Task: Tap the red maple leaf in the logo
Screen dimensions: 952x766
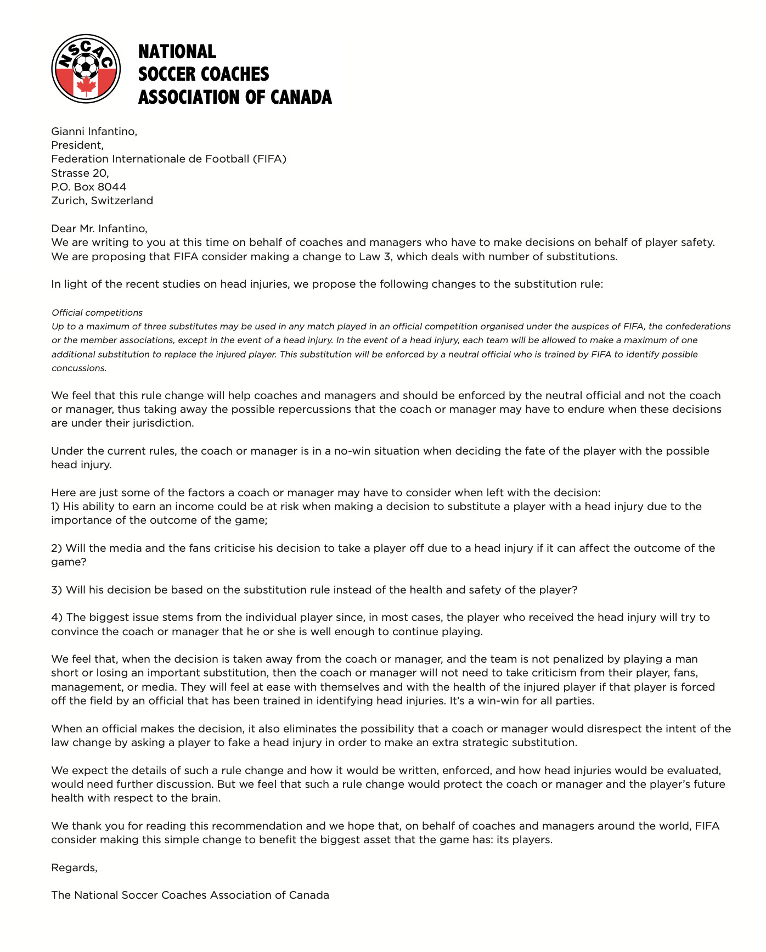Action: click(86, 86)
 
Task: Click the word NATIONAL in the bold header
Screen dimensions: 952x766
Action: click(177, 52)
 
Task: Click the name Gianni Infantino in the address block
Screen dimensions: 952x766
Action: click(94, 131)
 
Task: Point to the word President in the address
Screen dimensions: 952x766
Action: click(76, 145)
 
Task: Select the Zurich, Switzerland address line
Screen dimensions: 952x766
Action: click(102, 200)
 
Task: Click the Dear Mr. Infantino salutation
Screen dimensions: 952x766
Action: click(99, 228)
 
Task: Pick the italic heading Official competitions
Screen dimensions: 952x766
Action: click(97, 312)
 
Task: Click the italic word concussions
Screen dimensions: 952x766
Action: click(78, 368)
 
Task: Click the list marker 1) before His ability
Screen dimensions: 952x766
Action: click(56, 506)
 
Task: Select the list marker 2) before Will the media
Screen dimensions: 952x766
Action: click(57, 548)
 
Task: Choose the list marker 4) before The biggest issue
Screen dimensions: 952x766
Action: click(57, 617)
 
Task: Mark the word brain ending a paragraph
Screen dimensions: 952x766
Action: click(206, 798)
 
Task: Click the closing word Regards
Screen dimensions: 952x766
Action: click(74, 867)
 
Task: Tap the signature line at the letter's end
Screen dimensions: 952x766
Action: click(190, 895)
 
